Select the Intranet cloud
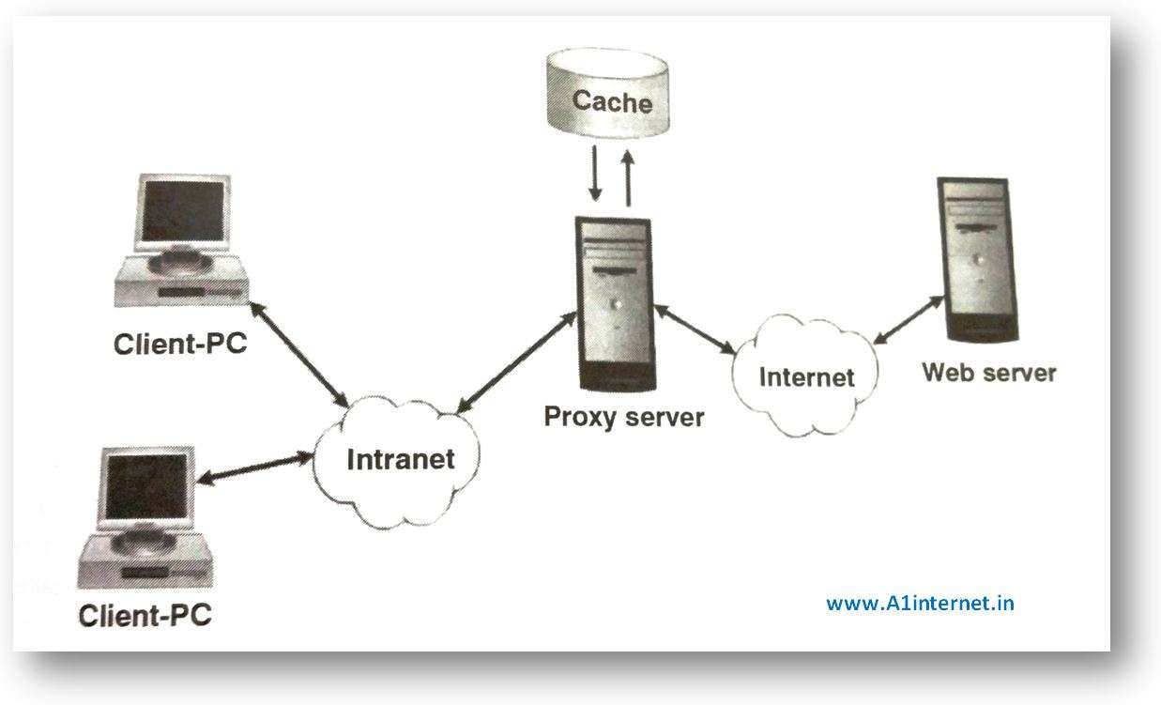[x=400, y=459]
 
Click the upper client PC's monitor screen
[x=183, y=212]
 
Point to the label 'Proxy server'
[x=623, y=416]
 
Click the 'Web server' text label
[x=988, y=373]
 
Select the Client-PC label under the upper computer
[x=180, y=344]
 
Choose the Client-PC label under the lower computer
[x=145, y=616]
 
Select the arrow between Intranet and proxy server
[x=514, y=362]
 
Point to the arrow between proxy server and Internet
[x=695, y=329]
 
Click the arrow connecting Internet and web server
[x=908, y=318]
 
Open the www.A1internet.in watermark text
[x=919, y=603]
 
